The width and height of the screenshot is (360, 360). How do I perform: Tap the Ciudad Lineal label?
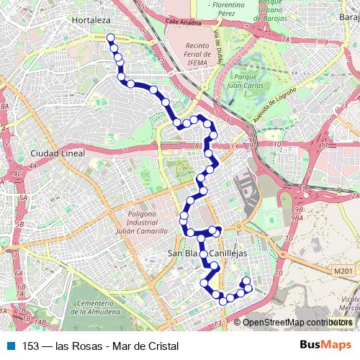(x=58, y=153)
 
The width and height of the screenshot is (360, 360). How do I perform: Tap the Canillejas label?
(x=229, y=253)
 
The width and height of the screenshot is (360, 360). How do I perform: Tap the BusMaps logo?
(x=326, y=346)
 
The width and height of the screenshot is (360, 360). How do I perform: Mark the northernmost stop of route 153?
(x=110, y=37)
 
